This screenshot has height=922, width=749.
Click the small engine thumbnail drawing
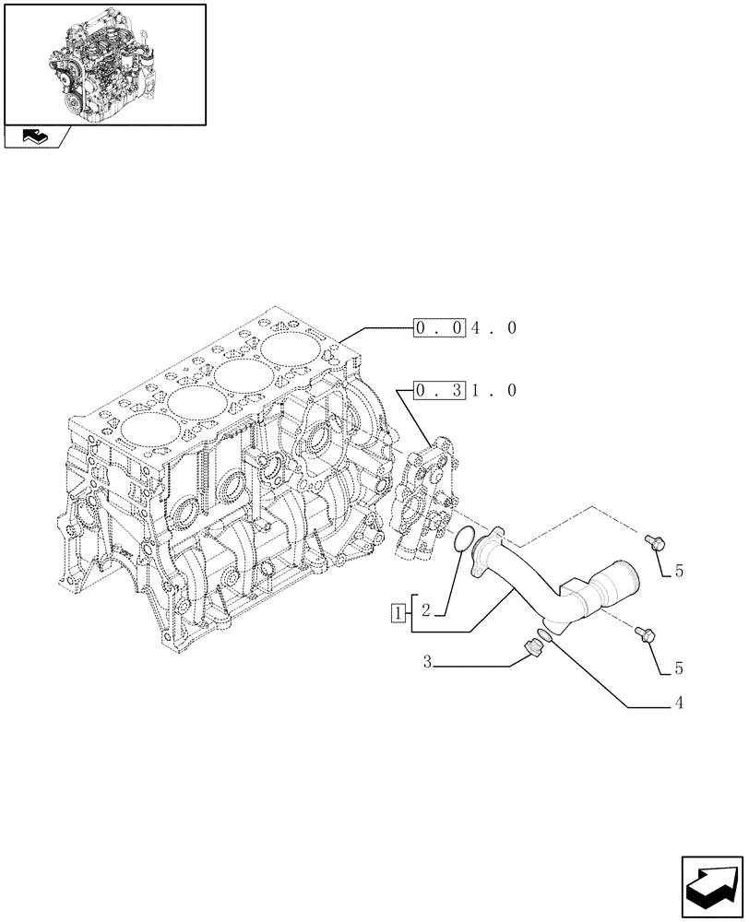point(104,63)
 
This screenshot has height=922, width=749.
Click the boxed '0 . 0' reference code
point(438,327)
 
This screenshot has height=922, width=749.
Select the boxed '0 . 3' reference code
point(438,390)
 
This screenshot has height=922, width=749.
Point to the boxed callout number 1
point(397,610)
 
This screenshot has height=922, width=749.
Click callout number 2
point(425,610)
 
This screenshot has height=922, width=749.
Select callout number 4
point(679,704)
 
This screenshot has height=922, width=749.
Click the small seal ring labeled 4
point(546,633)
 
